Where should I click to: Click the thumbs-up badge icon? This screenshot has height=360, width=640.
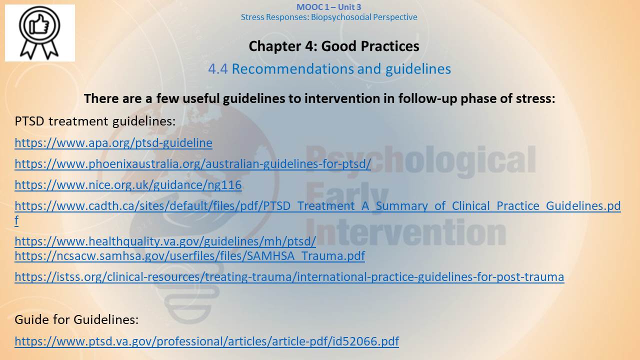click(x=39, y=32)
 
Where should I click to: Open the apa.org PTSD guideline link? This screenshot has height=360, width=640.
click(x=113, y=143)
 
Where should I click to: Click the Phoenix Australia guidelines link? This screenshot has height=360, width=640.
click(x=193, y=164)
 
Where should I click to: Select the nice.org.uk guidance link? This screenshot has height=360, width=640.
click(x=128, y=185)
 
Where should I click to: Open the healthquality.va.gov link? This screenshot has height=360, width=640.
click(x=165, y=241)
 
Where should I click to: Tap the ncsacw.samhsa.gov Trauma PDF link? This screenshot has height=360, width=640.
click(x=189, y=255)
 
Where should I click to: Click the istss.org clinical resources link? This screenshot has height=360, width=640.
click(x=289, y=277)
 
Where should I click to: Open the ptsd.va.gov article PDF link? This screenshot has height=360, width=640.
click(x=207, y=341)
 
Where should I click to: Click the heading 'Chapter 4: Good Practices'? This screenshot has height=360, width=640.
click(x=334, y=46)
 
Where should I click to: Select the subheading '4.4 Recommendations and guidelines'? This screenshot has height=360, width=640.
click(x=329, y=69)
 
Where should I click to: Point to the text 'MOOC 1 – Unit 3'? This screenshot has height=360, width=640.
click(x=328, y=7)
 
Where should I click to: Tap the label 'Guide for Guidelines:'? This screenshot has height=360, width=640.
click(x=76, y=319)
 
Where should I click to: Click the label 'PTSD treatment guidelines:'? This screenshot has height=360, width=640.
click(x=95, y=121)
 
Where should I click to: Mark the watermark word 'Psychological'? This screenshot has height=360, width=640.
click(x=421, y=160)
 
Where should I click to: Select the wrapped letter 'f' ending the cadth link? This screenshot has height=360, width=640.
click(x=16, y=220)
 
